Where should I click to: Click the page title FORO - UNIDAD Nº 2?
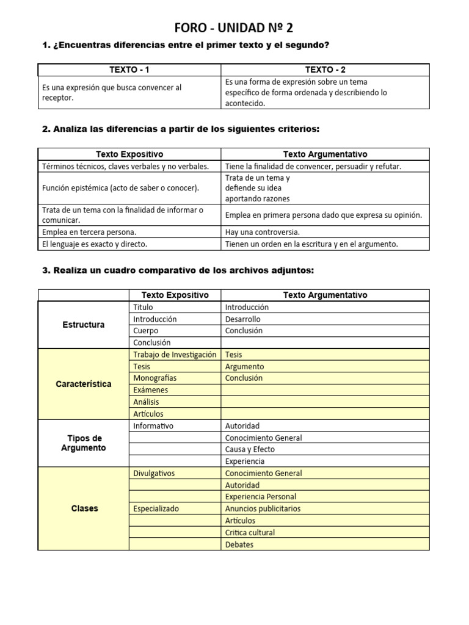tap(234, 27)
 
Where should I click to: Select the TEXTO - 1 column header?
tap(129, 70)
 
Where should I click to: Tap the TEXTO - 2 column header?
tap(325, 70)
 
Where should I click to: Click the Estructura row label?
tap(84, 325)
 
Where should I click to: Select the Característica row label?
tap(84, 384)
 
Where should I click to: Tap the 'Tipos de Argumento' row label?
tap(84, 443)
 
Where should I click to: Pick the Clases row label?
tap(84, 508)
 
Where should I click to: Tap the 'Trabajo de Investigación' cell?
tap(175, 355)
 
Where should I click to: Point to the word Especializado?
tap(156, 508)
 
